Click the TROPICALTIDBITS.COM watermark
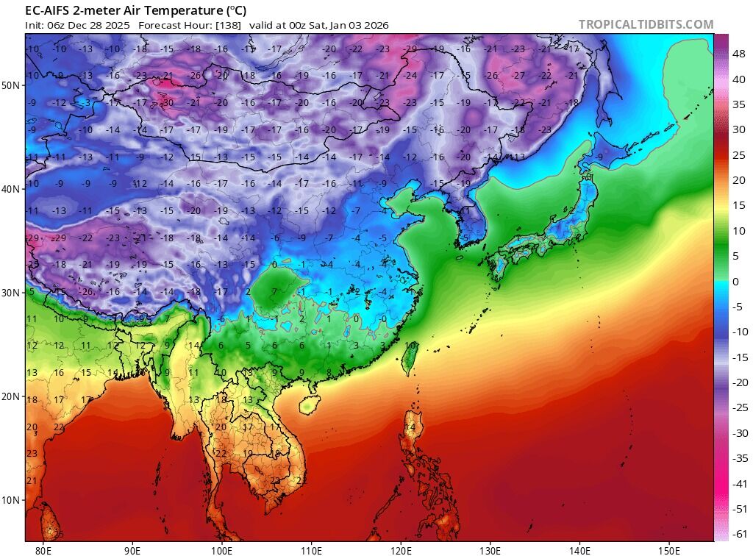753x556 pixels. (646, 24)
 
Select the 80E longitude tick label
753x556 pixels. (43, 549)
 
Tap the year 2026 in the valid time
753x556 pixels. (375, 25)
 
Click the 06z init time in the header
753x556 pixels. (57, 25)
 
